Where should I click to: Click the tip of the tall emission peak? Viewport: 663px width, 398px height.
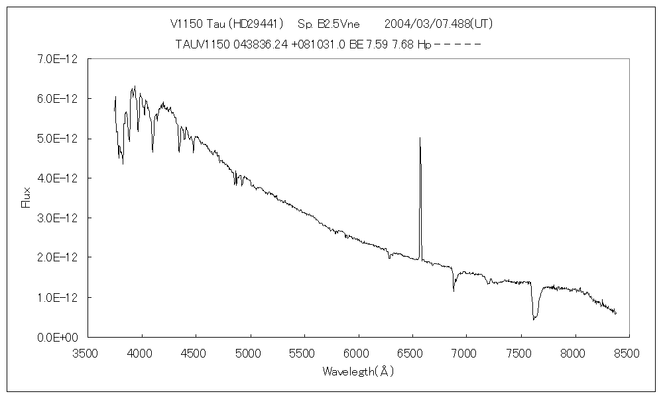click(x=420, y=138)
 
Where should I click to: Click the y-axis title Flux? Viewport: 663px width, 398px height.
click(x=27, y=197)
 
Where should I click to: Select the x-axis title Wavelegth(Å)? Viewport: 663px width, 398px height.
click(x=358, y=371)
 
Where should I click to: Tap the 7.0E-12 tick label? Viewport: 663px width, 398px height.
click(x=59, y=59)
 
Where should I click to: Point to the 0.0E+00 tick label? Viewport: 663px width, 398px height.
click(x=58, y=337)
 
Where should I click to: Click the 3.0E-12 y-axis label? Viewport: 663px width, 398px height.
click(x=59, y=218)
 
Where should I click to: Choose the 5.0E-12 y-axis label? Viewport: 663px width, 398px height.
click(x=59, y=139)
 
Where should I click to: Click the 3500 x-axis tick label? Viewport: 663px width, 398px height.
click(x=88, y=354)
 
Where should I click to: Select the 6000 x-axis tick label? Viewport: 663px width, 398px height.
click(x=358, y=354)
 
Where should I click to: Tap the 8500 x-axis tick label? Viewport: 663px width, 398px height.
click(x=629, y=354)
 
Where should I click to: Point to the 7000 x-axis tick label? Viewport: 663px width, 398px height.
click(x=466, y=354)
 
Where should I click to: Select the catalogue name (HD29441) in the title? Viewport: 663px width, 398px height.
click(x=255, y=24)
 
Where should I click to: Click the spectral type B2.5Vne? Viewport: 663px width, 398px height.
click(x=338, y=24)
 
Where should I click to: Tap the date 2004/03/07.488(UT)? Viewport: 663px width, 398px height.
click(x=439, y=24)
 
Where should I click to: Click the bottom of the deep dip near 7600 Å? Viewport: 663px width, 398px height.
click(x=534, y=319)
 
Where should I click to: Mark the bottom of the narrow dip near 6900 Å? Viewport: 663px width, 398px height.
click(x=454, y=290)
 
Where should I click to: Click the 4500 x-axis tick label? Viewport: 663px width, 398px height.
click(x=196, y=354)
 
